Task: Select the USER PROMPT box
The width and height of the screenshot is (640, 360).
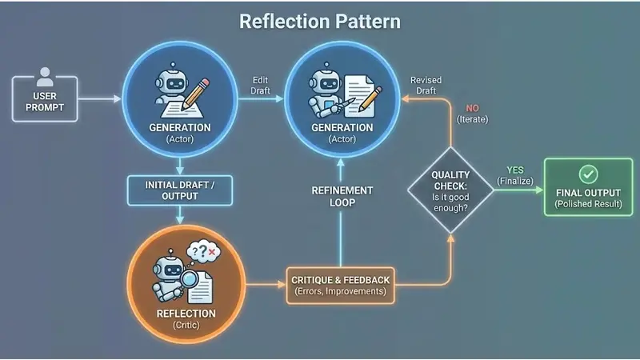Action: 46,99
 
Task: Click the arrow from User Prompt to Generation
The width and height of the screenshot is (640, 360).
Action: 101,99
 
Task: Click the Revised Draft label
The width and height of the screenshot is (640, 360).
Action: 424,86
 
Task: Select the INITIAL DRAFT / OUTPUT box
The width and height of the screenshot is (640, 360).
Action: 179,190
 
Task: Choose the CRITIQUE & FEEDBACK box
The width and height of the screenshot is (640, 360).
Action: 340,285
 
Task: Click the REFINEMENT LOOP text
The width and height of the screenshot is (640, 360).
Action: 342,197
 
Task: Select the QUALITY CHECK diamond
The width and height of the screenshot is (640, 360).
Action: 450,190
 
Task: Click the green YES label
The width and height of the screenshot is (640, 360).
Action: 515,170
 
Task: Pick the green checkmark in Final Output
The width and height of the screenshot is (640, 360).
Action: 588,173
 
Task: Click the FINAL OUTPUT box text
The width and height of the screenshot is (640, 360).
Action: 588,192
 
